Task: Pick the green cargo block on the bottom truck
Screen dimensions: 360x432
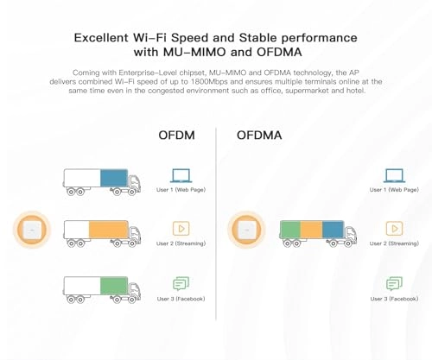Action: (x=113, y=284)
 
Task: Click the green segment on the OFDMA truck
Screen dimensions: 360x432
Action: (x=290, y=231)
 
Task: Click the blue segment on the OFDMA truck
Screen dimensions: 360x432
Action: (x=333, y=231)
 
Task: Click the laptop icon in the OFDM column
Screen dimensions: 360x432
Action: (x=181, y=174)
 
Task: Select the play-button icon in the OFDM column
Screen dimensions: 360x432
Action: (x=181, y=228)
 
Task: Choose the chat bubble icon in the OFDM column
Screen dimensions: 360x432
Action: (x=181, y=282)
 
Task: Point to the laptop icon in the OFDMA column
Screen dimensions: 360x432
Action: (x=395, y=174)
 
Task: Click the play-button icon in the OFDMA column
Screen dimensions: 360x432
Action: (x=395, y=228)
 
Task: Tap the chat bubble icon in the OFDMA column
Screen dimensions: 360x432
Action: (x=395, y=282)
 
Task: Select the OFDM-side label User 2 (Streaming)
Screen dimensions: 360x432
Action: (x=180, y=243)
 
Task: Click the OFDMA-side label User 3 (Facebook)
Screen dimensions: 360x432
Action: (x=394, y=298)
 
